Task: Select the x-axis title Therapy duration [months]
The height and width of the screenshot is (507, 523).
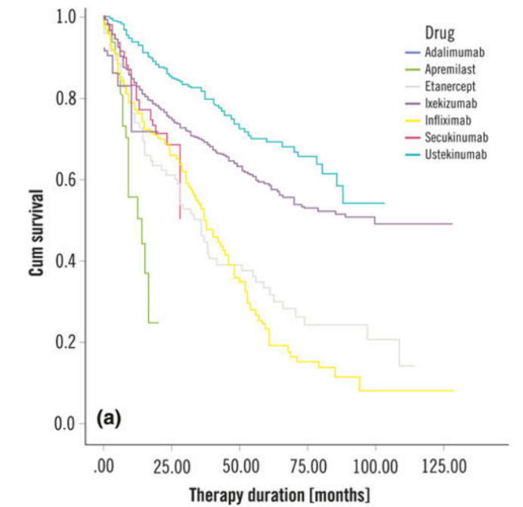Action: click(280, 495)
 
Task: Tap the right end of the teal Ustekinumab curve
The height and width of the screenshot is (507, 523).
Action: click(384, 203)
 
